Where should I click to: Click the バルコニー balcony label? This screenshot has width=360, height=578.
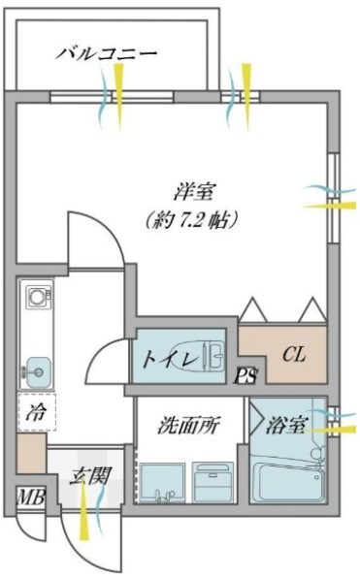[106, 52]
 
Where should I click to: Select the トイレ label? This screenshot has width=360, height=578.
[165, 360]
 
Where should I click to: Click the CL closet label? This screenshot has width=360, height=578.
[294, 355]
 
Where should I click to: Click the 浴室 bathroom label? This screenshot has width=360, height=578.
[288, 424]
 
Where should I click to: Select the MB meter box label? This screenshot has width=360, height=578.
[29, 498]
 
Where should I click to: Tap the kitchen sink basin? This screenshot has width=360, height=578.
[38, 369]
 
